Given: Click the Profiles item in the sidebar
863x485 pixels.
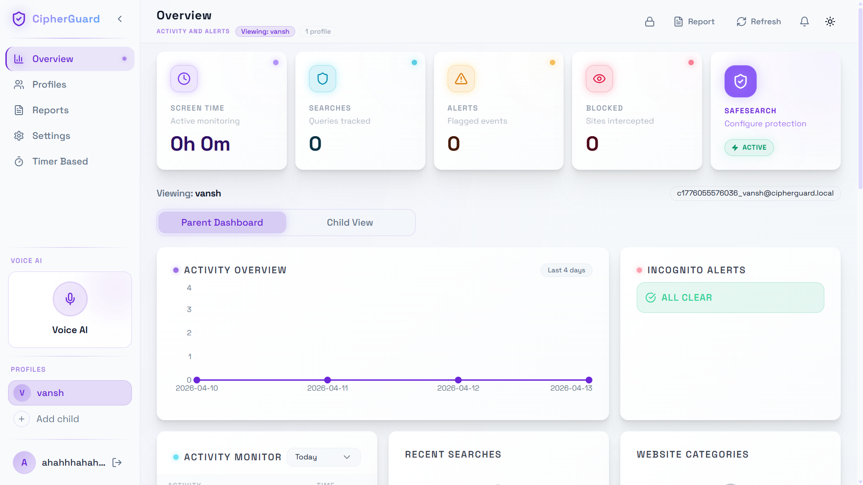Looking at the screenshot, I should (x=49, y=85).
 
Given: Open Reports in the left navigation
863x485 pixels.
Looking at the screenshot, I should (x=50, y=110).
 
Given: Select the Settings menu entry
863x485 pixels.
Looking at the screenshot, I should (x=51, y=136).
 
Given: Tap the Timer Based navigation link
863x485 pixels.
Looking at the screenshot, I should (x=60, y=161).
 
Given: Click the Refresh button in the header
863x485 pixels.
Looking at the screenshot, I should (x=759, y=22).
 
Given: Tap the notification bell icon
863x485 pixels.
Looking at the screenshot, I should (x=804, y=22).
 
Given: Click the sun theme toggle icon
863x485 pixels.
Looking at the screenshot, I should (x=830, y=22).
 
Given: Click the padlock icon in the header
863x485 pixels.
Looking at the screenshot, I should (x=649, y=22).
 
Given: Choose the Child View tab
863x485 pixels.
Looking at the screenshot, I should (x=350, y=222).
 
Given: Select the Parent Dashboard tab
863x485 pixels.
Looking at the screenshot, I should (x=222, y=222).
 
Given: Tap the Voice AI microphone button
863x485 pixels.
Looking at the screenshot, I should (x=70, y=299).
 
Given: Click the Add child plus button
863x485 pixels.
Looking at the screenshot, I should (x=22, y=419).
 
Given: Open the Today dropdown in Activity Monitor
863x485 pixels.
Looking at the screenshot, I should (x=323, y=457).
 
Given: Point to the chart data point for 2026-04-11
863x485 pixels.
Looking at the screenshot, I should (x=328, y=380).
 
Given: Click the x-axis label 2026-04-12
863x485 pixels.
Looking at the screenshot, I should (x=458, y=388).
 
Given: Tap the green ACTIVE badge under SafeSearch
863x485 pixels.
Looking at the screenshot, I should (x=749, y=147).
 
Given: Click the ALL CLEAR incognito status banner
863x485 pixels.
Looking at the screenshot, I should (x=730, y=298).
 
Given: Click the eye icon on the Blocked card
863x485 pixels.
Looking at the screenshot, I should (x=599, y=79).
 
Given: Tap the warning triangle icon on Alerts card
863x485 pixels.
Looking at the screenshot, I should (x=461, y=79).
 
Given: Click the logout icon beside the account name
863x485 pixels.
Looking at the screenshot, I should (x=117, y=463).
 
